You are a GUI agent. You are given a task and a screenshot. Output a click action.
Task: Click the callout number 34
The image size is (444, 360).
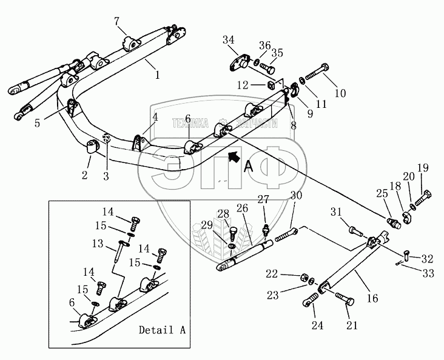pyautogui.click(x=228, y=40)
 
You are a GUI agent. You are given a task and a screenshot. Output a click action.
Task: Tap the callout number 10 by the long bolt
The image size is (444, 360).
pyautogui.click(x=340, y=94)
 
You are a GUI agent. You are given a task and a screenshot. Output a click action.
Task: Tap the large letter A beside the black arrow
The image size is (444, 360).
pyautogui.click(x=248, y=167)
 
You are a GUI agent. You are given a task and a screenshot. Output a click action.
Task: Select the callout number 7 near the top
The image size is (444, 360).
pyautogui.click(x=116, y=22)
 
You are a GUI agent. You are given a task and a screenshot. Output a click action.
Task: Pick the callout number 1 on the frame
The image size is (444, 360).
pyautogui.click(x=157, y=76)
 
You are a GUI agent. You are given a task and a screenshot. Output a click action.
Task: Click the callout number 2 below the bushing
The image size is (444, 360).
pyautogui.click(x=85, y=175)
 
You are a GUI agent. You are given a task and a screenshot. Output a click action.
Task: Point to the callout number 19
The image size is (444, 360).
pyautogui.click(x=422, y=168)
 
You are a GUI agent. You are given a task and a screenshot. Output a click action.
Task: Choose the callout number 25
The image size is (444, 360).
pyautogui.click(x=380, y=193)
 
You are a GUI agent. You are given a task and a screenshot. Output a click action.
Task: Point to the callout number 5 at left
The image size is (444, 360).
pyautogui.click(x=38, y=123)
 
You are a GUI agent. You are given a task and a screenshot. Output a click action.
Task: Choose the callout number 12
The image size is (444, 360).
pyautogui.click(x=243, y=85)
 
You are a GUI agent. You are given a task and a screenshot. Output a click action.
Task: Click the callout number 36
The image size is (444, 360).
pyautogui.click(x=264, y=45)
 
